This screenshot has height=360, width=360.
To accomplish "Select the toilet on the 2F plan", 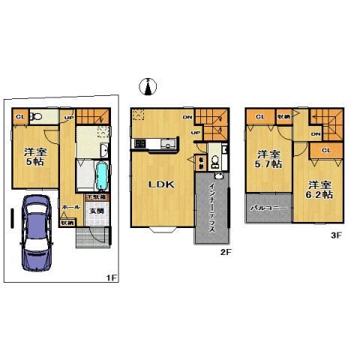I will (x=214, y=160).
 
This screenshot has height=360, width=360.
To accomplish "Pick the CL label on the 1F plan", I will (x=19, y=116).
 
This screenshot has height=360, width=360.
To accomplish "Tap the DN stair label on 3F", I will (x=316, y=134).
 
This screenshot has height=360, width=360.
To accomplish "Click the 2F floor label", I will (x=226, y=251).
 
